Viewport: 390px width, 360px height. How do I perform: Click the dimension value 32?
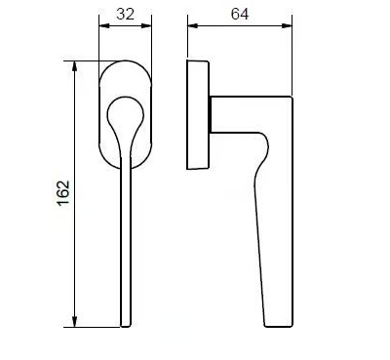pyautogui.click(x=125, y=14)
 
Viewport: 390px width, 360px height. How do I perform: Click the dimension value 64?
pyautogui.click(x=240, y=14)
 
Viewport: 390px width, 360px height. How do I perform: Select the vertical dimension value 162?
pyautogui.click(x=63, y=193)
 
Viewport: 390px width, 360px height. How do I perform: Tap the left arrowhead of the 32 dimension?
pyautogui.click(x=103, y=26)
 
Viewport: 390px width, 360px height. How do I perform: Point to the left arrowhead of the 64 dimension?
pyautogui.click(x=193, y=26)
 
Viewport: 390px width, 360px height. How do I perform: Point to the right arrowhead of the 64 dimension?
pyautogui.click(x=287, y=26)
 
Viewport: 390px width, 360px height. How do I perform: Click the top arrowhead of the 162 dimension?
pyautogui.click(x=75, y=65)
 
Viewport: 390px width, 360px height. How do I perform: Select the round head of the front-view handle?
pyautogui.click(x=125, y=111)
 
